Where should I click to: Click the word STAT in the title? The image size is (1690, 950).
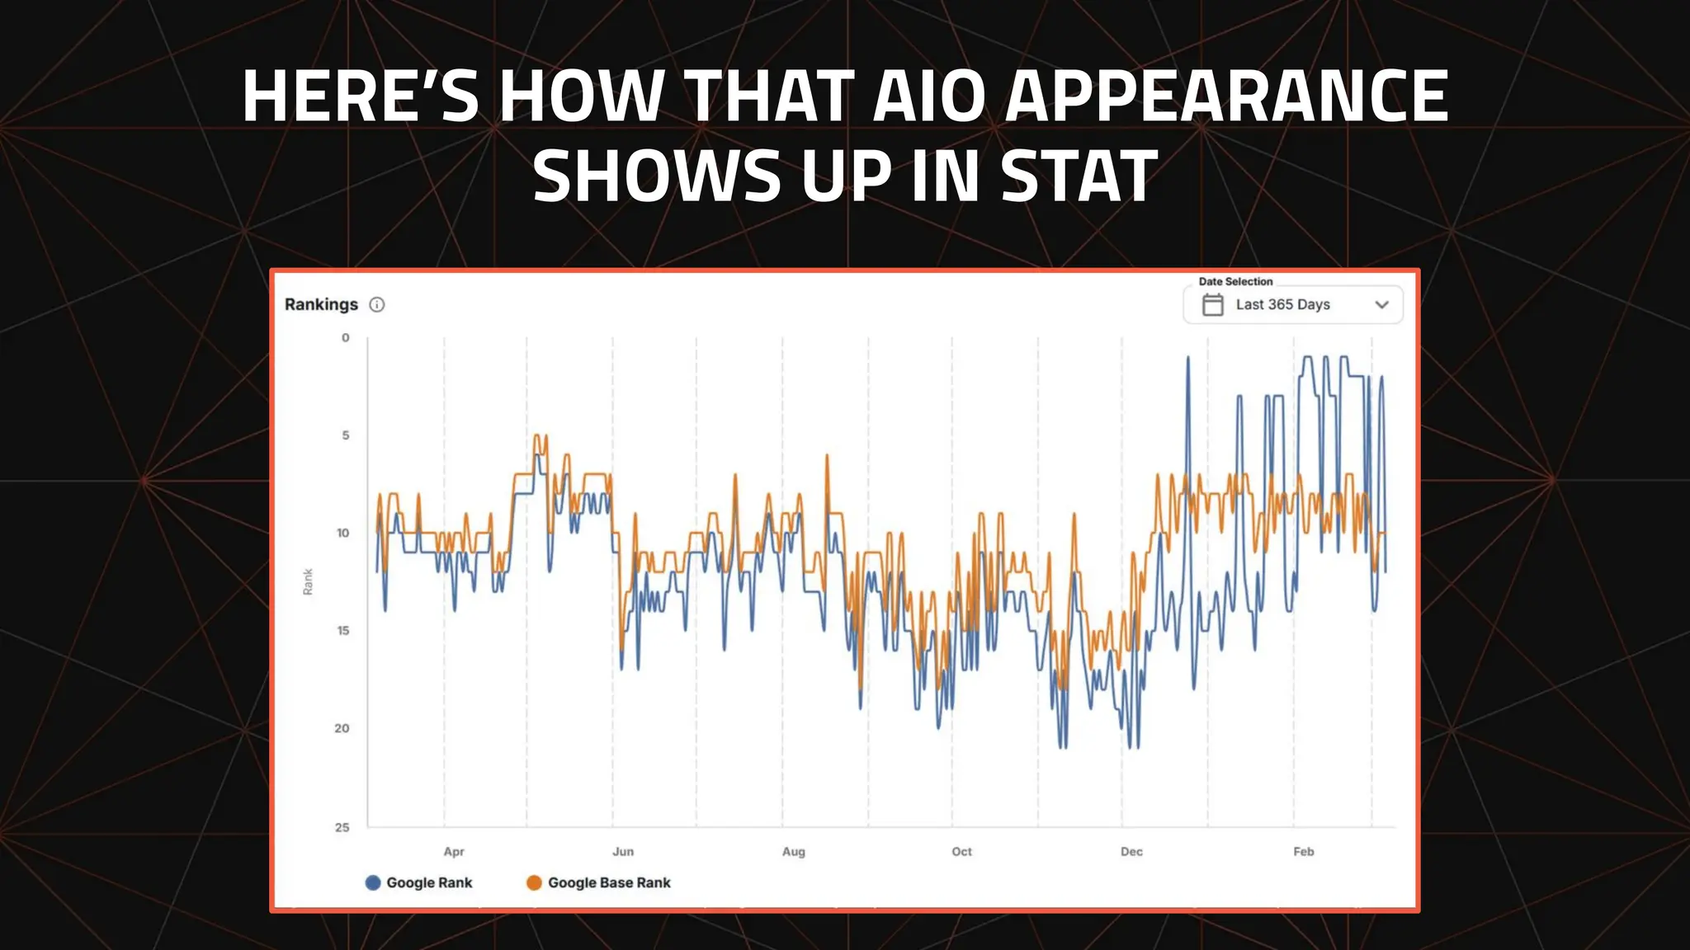click(1079, 176)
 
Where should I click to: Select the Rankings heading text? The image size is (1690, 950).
click(321, 304)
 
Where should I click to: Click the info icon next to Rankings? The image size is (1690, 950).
click(377, 304)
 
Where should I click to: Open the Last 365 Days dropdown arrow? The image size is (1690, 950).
click(1382, 304)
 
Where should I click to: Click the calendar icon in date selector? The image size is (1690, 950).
click(1212, 304)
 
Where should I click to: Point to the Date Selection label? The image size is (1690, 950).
click(1235, 281)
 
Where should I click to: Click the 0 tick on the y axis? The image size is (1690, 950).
click(346, 337)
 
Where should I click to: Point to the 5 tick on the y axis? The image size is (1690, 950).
click(346, 435)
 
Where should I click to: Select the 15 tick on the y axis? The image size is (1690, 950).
click(343, 631)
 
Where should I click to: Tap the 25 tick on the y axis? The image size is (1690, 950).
click(342, 827)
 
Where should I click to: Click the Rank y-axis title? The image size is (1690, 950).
click(308, 581)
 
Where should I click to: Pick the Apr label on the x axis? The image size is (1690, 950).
click(454, 852)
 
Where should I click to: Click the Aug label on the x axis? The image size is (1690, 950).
click(793, 852)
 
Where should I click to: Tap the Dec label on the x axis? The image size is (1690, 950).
click(1131, 852)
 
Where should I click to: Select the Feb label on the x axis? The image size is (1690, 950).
click(1303, 852)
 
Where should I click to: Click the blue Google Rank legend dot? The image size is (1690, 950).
click(373, 882)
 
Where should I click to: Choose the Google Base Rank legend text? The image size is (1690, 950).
click(609, 882)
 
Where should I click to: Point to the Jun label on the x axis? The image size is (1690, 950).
click(623, 852)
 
